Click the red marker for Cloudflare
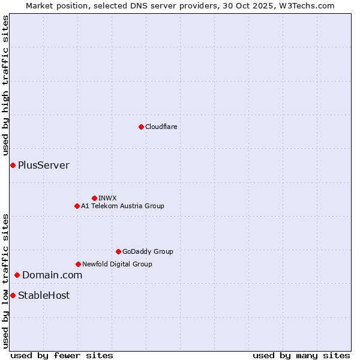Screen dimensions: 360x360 coord(141,127)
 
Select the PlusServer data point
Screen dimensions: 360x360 coord(13,165)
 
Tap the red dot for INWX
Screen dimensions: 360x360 coord(94,198)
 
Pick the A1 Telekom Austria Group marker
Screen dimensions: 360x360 coord(77,206)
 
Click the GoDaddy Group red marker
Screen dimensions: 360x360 coord(118,251)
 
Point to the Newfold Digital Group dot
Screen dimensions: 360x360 coord(78,264)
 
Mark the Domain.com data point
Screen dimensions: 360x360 coord(17,275)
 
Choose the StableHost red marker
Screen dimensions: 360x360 coord(13,295)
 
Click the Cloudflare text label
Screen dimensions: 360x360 coord(161,127)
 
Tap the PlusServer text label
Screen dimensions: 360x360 coord(44,165)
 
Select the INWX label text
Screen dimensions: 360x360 coord(107,198)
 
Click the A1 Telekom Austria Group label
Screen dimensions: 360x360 coord(122,206)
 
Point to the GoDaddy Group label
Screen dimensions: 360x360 coord(148,251)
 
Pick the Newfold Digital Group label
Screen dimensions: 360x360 coord(117,264)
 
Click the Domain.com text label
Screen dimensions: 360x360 coord(52,275)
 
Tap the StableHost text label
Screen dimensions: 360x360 coord(44,295)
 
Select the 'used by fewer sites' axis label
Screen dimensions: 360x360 coord(62,355)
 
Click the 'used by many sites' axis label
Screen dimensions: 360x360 coord(301,355)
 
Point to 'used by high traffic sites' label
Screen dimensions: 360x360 coord(5,85)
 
